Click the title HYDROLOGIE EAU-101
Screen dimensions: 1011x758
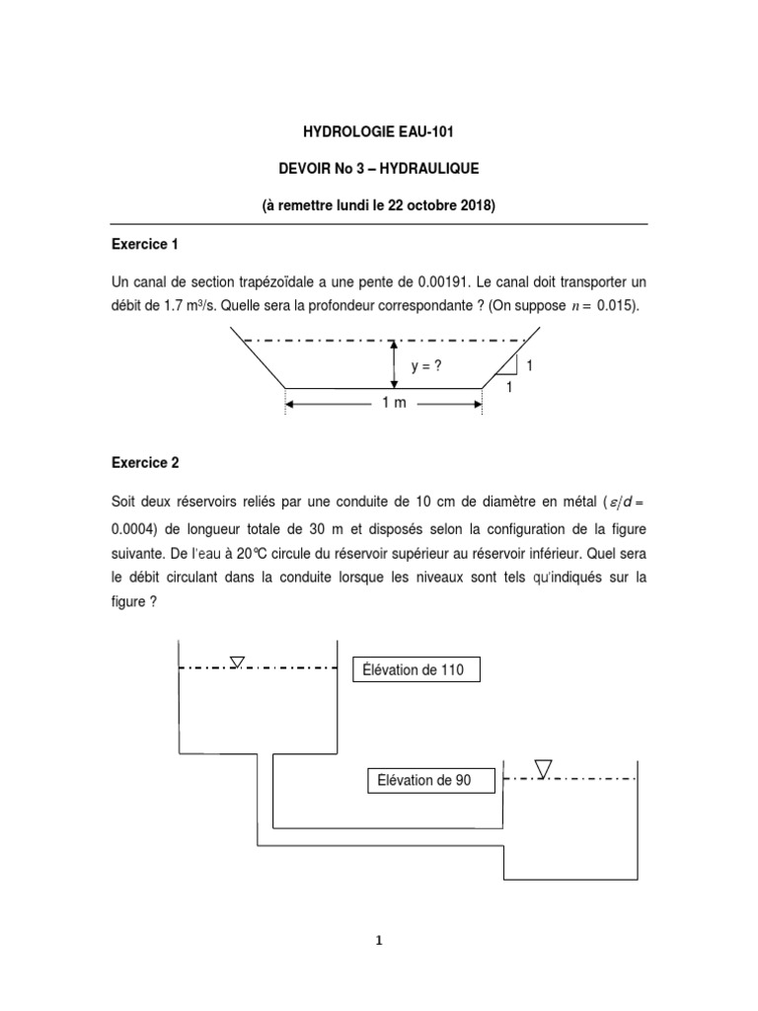click(x=379, y=131)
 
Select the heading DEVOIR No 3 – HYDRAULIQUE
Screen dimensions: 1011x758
click(x=379, y=169)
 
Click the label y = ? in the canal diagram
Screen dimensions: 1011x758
click(x=425, y=366)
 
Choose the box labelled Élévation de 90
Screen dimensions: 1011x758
click(x=424, y=780)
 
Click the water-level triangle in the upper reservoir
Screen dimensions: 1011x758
click(x=237, y=662)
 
